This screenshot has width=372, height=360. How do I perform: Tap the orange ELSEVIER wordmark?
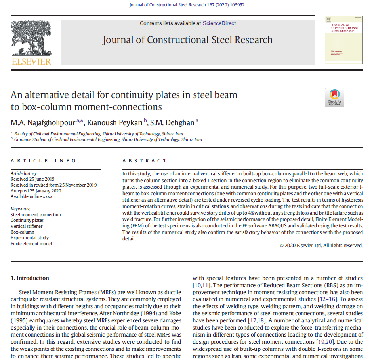coord(31,61)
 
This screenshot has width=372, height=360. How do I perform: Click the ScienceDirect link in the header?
coord(219,23)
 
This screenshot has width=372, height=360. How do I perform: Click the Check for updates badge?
coord(334,97)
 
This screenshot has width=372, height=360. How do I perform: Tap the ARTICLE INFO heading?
coord(44,161)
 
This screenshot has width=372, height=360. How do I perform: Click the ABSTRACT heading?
coord(145,161)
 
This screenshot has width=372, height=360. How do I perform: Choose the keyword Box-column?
coord(23,232)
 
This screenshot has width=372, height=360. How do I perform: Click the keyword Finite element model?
coord(31,244)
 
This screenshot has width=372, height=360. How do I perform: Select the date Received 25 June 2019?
coord(33,179)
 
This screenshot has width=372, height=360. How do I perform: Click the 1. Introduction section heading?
coord(30,278)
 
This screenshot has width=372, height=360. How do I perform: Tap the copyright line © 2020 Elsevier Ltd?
coord(321,246)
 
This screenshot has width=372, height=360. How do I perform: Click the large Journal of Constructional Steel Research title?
coord(187,40)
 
